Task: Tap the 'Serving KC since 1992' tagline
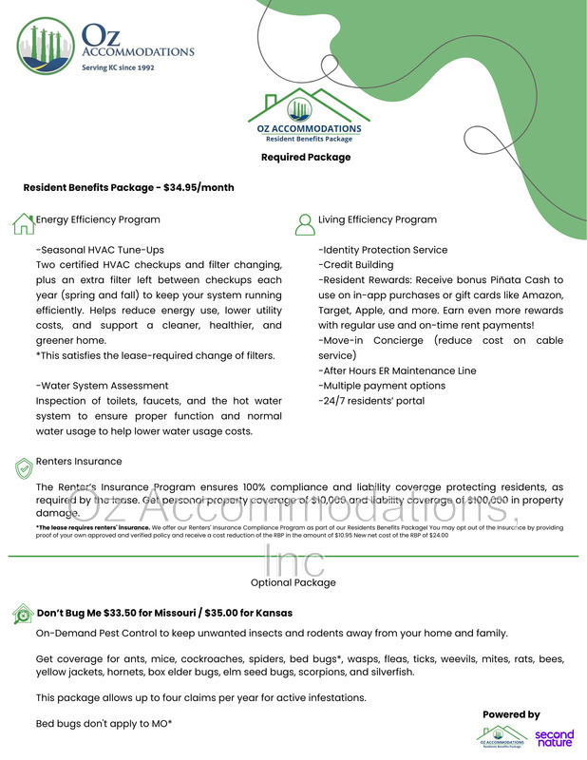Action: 118,68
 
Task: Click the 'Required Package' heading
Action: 306,157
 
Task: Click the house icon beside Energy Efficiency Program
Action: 23,222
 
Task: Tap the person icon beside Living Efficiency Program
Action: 305,222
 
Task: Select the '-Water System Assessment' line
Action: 102,386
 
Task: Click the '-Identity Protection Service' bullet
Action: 383,249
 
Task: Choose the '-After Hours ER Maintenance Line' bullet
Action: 397,370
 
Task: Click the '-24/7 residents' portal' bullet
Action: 370,401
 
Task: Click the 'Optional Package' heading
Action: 293,582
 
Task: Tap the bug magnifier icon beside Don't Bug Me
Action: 23,614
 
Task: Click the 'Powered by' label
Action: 511,714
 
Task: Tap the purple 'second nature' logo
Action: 554,737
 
